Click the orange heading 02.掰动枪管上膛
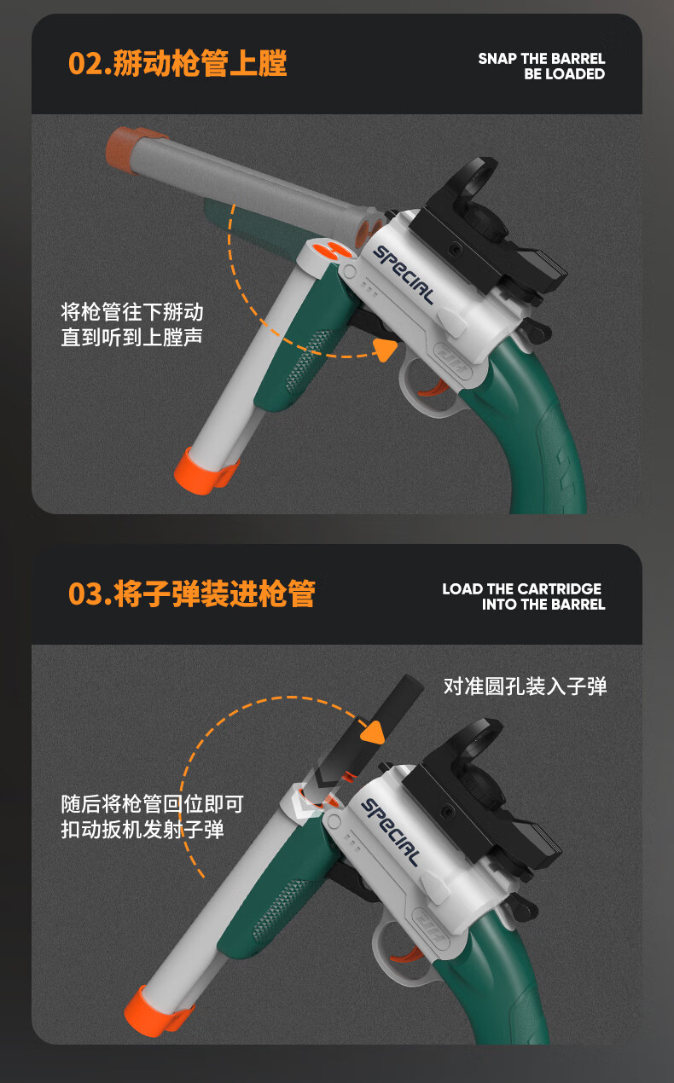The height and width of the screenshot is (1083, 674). [x=177, y=63]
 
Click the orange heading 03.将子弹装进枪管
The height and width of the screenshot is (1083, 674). [x=192, y=594]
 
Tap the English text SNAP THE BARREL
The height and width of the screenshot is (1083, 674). [x=542, y=59]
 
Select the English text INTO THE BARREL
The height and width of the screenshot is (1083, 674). [x=543, y=605]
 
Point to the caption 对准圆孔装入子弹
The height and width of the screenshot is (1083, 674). [x=525, y=686]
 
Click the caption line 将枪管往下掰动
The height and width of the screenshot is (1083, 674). [x=132, y=312]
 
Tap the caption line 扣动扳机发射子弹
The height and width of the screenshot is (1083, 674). [x=142, y=829]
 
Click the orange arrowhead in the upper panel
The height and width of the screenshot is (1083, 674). [x=385, y=349]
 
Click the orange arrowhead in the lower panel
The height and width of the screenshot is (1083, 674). [x=373, y=732]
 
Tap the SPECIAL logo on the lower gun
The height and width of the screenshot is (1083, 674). [x=391, y=832]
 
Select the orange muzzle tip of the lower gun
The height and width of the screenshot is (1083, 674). [x=157, y=1011]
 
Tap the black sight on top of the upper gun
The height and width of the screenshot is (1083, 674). [x=489, y=232]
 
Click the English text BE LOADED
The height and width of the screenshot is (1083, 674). [x=564, y=74]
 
